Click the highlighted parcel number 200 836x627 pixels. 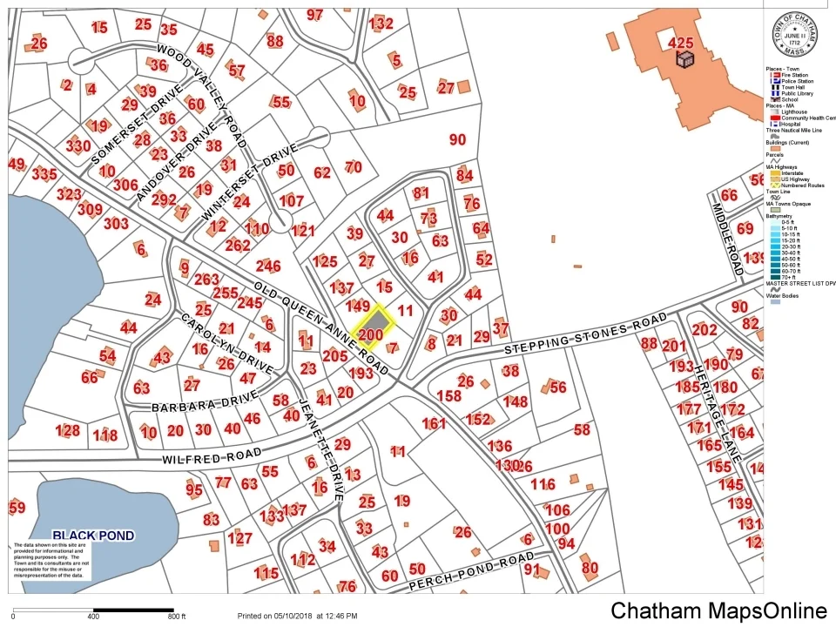[x=370, y=334]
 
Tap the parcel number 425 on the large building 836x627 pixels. [x=680, y=42]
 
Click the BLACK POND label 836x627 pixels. [x=93, y=536]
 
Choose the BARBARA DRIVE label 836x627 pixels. [x=193, y=403]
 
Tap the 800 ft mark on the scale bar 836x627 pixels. [x=177, y=617]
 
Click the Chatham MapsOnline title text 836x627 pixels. [x=718, y=611]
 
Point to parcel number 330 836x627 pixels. [x=78, y=145]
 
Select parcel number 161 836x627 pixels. [x=434, y=424]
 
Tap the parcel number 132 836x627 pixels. [x=381, y=24]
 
